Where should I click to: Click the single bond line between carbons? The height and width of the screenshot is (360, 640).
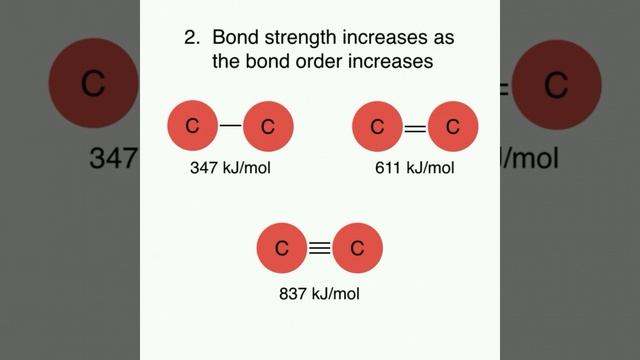(231, 126)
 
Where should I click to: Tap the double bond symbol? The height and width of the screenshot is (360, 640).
(414, 126)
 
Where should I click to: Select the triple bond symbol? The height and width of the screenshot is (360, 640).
(320, 248)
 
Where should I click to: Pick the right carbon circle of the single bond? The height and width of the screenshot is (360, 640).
(267, 126)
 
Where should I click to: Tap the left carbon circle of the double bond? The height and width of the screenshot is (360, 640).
(378, 126)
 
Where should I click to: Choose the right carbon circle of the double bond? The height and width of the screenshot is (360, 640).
(452, 126)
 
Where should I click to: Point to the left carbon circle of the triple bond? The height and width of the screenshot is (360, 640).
(283, 248)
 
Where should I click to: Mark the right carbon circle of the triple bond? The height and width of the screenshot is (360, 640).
(357, 248)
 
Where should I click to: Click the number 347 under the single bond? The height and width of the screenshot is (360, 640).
(204, 168)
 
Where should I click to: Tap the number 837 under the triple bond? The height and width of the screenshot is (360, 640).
(294, 294)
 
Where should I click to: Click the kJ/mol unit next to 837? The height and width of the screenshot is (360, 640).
(336, 294)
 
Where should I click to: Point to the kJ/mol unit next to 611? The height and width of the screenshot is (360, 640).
(430, 168)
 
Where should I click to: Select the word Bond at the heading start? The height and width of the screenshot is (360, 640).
(232, 39)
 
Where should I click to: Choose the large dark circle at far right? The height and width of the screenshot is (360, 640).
(556, 84)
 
